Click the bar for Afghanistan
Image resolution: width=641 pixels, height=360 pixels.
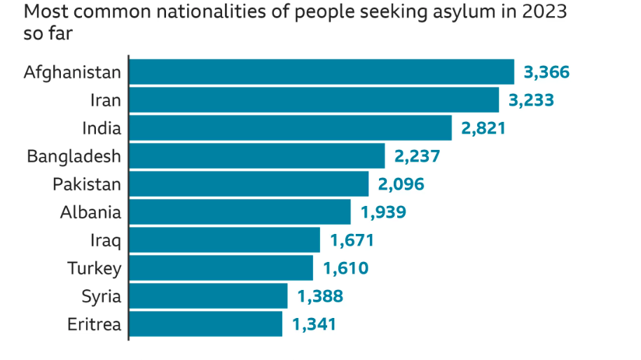click(322, 72)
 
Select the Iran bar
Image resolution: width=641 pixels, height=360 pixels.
click(314, 100)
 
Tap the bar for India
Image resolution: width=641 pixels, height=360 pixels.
click(290, 128)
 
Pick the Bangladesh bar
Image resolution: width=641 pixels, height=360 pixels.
click(256, 156)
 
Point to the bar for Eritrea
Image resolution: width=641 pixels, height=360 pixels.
click(205, 324)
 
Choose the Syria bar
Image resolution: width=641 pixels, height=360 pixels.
click(208, 296)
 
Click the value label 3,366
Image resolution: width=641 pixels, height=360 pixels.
click(546, 72)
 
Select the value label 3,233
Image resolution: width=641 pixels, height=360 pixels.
click(531, 100)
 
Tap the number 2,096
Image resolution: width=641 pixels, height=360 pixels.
click(401, 184)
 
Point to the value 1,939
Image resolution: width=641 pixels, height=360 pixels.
click(382, 212)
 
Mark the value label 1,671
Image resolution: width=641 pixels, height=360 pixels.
click(352, 241)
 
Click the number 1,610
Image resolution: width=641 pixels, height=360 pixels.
click(345, 268)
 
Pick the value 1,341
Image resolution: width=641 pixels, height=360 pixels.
click(314, 324)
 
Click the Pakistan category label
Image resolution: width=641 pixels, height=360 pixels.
click(87, 184)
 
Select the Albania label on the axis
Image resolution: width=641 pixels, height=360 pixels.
click(90, 212)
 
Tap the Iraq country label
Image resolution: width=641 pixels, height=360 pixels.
click(105, 241)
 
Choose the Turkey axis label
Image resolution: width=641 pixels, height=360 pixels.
click(95, 268)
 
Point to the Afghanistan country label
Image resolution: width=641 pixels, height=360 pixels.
click(72, 72)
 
